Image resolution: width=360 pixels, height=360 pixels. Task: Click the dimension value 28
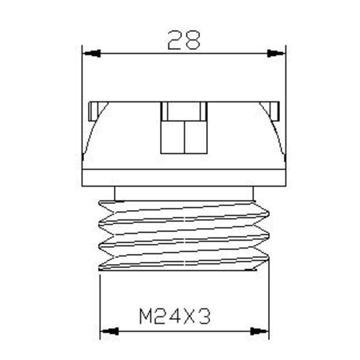(184, 40)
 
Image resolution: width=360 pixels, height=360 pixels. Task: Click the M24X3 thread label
(175, 317)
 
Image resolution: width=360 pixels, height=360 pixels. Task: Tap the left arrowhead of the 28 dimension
(92, 53)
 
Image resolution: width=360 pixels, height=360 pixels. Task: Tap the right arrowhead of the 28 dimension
(275, 53)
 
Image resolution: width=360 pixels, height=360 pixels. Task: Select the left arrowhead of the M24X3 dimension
(110, 331)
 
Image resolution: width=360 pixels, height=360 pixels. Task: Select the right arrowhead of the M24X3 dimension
(259, 331)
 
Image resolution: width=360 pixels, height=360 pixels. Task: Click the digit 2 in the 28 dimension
(175, 40)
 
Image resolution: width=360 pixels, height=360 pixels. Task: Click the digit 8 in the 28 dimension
(193, 40)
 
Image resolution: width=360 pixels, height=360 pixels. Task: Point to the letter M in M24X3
(145, 317)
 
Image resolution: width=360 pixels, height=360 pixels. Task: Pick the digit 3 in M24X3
(205, 317)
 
